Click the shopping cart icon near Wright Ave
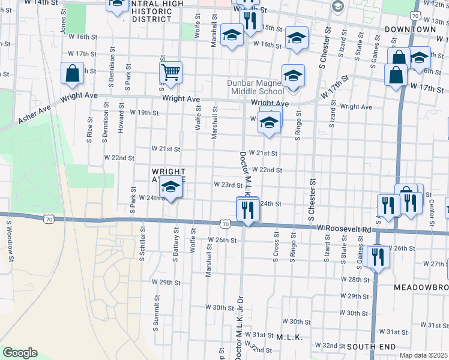[x=171, y=73]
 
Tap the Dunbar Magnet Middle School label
[x=256, y=88]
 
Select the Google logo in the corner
[x=20, y=352]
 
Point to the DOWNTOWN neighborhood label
[x=418, y=29]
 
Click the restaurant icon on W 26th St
[x=376, y=256]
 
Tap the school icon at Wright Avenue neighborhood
[x=170, y=188]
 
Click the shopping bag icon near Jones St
[x=72, y=74]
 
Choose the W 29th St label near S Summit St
[x=166, y=282]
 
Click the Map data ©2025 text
[x=424, y=355]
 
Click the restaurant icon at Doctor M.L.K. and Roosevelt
[x=247, y=209]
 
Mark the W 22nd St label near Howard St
[x=119, y=157]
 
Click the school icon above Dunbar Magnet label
[x=292, y=76]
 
